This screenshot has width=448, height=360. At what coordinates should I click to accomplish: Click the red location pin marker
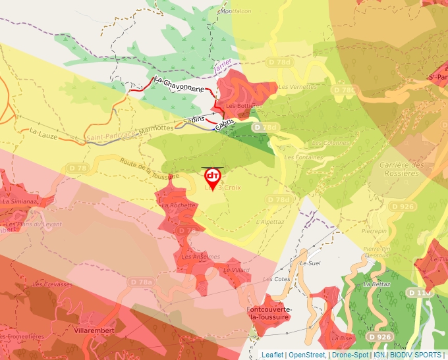click(x=213, y=178)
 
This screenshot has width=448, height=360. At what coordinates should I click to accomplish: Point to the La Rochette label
click(x=179, y=205)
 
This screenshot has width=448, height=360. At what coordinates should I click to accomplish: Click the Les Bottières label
click(x=244, y=105)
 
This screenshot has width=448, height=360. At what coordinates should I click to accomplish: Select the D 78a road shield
click(x=141, y=282)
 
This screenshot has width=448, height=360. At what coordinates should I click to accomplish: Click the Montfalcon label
click(x=236, y=12)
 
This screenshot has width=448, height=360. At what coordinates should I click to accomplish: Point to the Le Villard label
click(x=237, y=270)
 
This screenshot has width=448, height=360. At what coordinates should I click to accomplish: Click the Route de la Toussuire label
click(x=149, y=168)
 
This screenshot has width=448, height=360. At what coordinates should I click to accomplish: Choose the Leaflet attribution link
click(x=272, y=355)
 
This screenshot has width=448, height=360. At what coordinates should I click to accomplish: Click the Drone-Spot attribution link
click(x=350, y=355)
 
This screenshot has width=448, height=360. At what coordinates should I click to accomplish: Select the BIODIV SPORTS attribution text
click(x=417, y=355)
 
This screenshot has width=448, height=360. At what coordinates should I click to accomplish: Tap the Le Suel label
click(x=309, y=263)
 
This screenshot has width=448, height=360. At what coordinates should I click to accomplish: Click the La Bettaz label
click(x=377, y=284)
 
